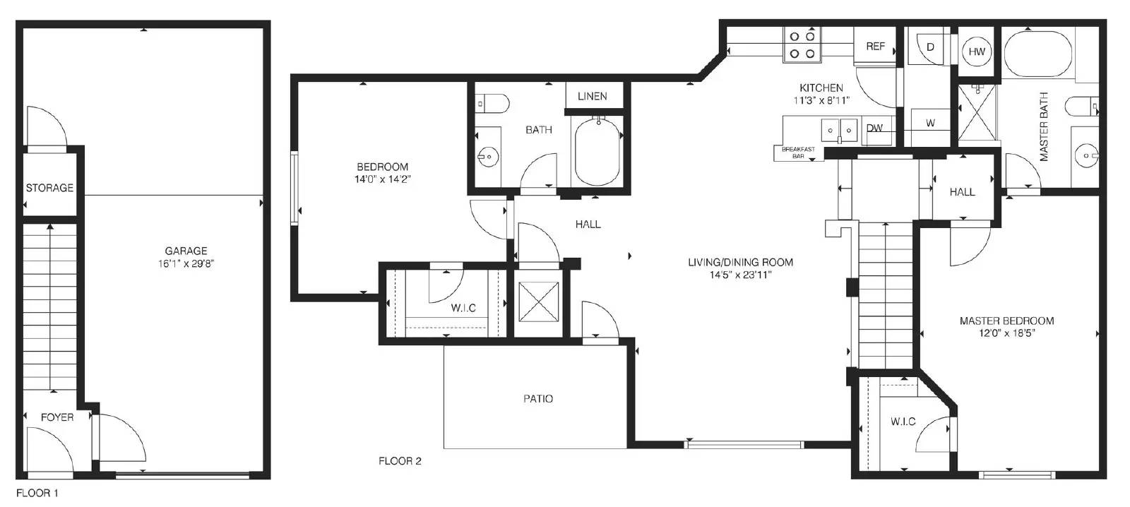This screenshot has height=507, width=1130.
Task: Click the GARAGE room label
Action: point(186,251)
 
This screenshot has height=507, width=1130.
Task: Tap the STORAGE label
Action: point(49,188)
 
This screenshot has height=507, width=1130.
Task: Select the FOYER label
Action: point(57,417)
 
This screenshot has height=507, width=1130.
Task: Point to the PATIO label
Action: point(538,399)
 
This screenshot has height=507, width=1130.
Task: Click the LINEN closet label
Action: point(593,96)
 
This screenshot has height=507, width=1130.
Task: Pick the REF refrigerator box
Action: point(875,46)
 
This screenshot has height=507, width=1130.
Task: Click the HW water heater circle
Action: point(977,52)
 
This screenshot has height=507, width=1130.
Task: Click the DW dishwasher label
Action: point(874,128)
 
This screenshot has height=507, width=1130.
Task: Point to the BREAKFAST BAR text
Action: point(798,153)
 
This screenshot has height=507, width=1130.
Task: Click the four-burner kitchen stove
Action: point(802,44)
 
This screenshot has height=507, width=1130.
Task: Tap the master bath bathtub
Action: point(1039,54)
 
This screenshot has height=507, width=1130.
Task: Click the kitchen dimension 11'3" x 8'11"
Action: point(821,100)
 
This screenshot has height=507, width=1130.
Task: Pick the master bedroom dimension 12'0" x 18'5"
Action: point(1007,333)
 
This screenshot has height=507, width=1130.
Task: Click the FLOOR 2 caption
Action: point(400,461)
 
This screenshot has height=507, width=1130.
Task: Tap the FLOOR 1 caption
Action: point(37,493)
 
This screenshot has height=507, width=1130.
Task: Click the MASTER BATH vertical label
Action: point(1044,126)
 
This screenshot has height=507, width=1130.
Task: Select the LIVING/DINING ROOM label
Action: point(741,263)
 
